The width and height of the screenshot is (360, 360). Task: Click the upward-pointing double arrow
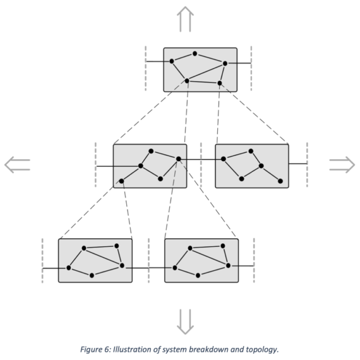[185, 19]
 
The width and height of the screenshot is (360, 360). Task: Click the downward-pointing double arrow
[185, 321]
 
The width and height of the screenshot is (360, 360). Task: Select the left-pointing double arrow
[17, 165]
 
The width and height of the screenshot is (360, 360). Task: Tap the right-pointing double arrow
[342, 165]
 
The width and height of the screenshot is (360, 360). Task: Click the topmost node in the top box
[195, 54]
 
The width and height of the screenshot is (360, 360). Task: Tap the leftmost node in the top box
[172, 61]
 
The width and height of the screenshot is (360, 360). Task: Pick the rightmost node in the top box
[225, 63]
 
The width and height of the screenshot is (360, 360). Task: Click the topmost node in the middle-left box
[151, 151]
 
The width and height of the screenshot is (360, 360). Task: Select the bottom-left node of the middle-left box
[121, 181]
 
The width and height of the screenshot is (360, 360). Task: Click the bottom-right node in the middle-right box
[280, 181]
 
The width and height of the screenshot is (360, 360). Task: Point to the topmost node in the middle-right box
[251, 151]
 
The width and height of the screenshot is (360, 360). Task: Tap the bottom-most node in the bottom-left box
[92, 275]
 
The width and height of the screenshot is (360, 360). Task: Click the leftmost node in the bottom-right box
[175, 268]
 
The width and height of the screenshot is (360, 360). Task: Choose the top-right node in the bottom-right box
[223, 246]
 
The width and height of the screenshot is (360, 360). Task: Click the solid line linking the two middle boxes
[201, 159]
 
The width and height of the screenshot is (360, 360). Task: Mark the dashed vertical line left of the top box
[145, 68]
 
